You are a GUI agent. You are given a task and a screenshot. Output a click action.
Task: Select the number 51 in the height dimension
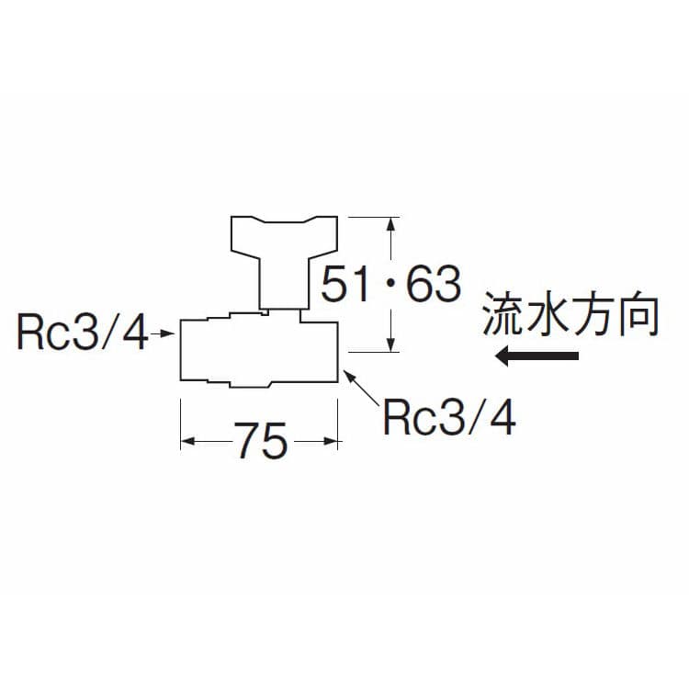pos(345,285)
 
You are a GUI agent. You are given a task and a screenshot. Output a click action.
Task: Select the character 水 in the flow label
pos(549,316)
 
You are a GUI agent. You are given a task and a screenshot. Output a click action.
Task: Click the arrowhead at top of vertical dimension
pos(393,222)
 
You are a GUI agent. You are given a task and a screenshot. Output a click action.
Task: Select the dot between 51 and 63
pos(388,286)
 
